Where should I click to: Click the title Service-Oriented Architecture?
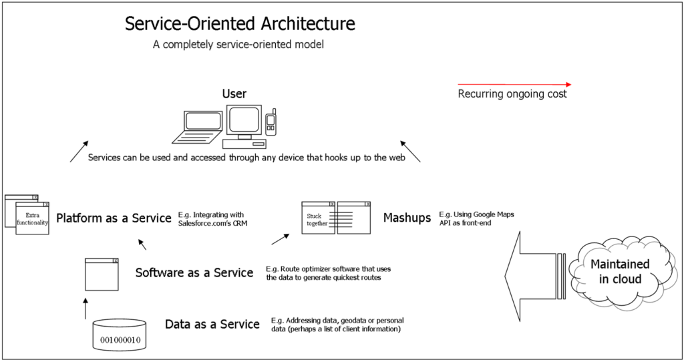pos(240,25)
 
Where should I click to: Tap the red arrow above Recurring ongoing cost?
pos(514,85)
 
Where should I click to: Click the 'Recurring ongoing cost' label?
pos(512,94)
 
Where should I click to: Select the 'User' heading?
pos(234,94)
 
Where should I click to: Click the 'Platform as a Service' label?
pos(114,218)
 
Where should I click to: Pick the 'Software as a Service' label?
pos(194,273)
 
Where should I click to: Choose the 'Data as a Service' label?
pos(212,325)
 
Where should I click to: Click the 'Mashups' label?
pos(407,218)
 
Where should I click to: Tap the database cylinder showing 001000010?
pos(120,335)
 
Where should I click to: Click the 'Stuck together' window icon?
pos(335,218)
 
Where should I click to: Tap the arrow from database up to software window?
pos(85,308)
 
